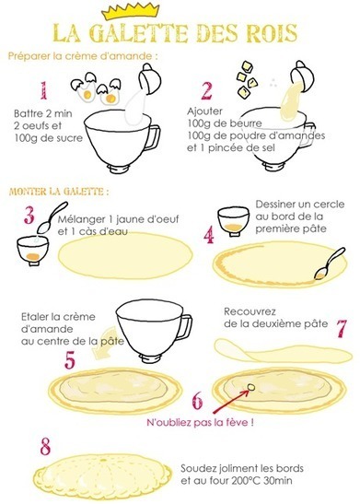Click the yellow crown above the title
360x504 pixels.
tap(130, 10)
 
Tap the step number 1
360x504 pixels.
tap(43, 90)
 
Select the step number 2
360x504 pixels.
tap(207, 90)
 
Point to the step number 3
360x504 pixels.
tap(29, 215)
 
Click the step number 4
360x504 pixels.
tap(209, 235)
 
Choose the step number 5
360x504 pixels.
tap(70, 359)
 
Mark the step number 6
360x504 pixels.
tap(198, 400)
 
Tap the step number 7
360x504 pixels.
tap(342, 328)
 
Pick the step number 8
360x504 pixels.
tap(45, 447)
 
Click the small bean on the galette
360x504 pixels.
tap(251, 387)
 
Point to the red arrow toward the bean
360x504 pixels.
tap(230, 401)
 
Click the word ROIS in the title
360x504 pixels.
tap(272, 33)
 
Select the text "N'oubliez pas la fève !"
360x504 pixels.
tap(201, 422)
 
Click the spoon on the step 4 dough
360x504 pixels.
tap(330, 264)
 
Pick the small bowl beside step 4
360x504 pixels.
tap(233, 221)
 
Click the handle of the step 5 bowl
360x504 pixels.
tap(186, 327)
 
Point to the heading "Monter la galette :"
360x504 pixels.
tap(59, 192)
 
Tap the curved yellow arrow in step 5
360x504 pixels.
tap(104, 345)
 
